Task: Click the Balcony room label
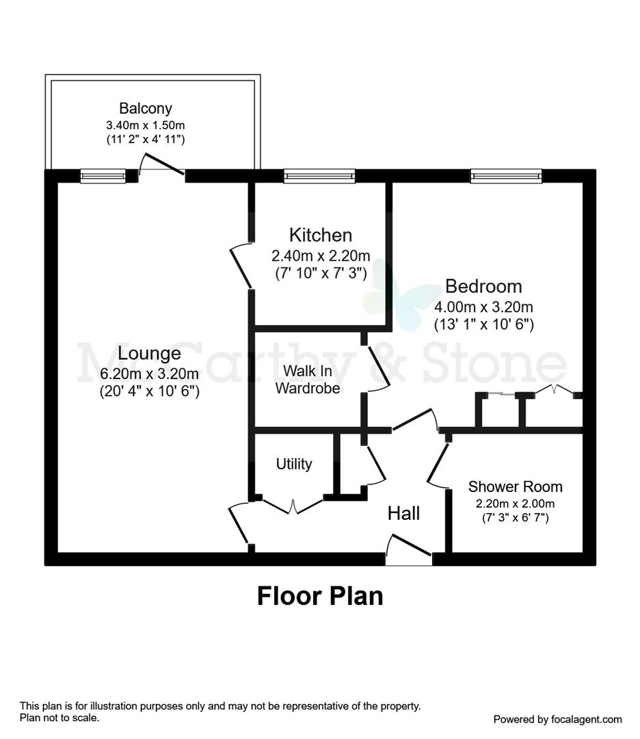(x=145, y=108)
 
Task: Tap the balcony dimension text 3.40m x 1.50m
(x=145, y=125)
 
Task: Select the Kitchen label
(x=321, y=235)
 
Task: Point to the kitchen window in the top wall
(x=319, y=177)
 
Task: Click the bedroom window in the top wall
(x=506, y=177)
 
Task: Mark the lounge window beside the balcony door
(x=103, y=177)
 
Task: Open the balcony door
(x=162, y=166)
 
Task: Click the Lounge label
(x=149, y=354)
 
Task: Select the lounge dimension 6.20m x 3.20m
(x=149, y=374)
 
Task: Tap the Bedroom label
(x=483, y=286)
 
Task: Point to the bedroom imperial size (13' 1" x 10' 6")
(x=483, y=324)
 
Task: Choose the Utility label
(x=294, y=464)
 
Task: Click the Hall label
(x=403, y=513)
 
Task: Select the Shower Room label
(x=515, y=487)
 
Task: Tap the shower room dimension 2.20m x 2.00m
(x=515, y=504)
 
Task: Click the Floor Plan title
(x=319, y=595)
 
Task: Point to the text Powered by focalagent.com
(x=557, y=719)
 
